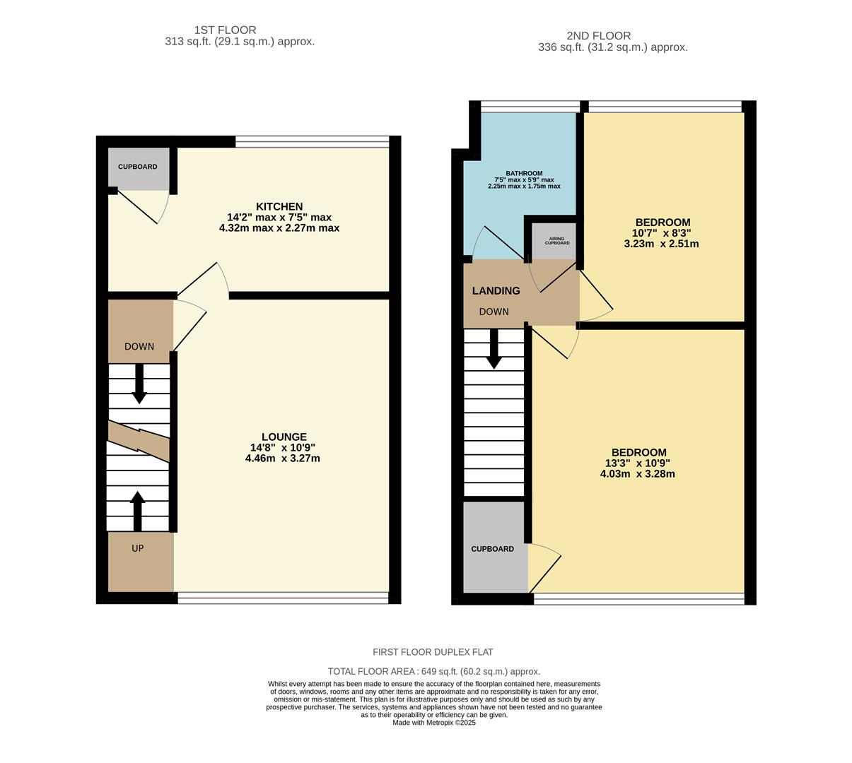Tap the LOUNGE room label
click(x=284, y=437)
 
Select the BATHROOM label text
click(x=524, y=173)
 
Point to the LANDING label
click(x=496, y=290)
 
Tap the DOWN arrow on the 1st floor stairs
click(x=139, y=384)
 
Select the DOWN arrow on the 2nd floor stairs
click(x=494, y=349)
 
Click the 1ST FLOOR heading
click(x=225, y=30)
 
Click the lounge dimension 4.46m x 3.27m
click(x=283, y=458)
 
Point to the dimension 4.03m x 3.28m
click(x=638, y=473)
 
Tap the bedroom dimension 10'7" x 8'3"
click(x=661, y=232)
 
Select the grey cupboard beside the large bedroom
click(x=494, y=548)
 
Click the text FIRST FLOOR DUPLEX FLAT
click(x=433, y=652)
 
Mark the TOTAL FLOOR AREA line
click(x=433, y=671)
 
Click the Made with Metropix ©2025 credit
click(x=433, y=723)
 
